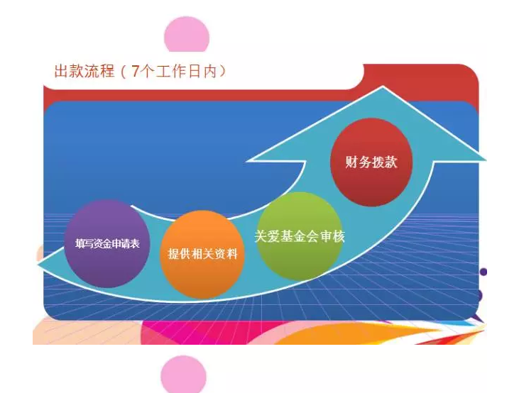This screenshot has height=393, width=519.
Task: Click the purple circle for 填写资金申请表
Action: [107, 243]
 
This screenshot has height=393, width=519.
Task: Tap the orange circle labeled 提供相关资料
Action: [202, 255]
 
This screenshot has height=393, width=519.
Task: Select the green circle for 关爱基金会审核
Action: [300, 236]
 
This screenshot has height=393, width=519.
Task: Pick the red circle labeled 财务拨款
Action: [371, 162]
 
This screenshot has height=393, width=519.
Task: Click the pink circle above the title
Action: [187, 34]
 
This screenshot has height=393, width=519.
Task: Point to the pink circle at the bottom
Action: [183, 374]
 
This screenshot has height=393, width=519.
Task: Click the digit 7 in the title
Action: [136, 71]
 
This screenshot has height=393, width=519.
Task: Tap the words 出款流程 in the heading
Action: [84, 71]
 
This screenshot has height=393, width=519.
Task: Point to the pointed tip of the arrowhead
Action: [383, 87]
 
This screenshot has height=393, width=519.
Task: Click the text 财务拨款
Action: [371, 162]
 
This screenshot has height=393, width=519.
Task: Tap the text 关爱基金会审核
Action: [300, 236]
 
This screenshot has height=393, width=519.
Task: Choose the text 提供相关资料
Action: [202, 254]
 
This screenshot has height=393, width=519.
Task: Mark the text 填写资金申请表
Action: [107, 244]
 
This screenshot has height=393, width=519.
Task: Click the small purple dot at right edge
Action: [484, 272]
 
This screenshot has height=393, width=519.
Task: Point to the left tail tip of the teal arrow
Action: [38, 264]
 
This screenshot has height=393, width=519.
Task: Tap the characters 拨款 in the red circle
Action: [385, 162]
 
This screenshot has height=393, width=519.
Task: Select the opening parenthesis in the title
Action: [124, 72]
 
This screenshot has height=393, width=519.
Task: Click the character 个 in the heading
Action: [147, 71]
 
